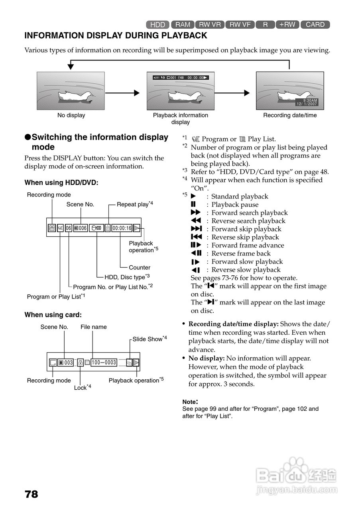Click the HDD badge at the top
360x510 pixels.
(158, 25)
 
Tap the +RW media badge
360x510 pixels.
(287, 25)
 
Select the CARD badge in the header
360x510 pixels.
(315, 25)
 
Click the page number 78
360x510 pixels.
(31, 494)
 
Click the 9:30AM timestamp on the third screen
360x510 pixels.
(310, 100)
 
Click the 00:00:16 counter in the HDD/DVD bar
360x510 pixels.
(122, 228)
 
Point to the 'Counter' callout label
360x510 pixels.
(140, 268)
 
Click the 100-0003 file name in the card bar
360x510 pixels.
(104, 363)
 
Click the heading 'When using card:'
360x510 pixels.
(53, 315)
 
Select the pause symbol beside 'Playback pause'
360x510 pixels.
(193, 204)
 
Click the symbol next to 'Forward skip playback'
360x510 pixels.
(196, 229)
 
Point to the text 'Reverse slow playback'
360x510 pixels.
(246, 270)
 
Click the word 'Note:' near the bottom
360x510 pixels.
(190, 402)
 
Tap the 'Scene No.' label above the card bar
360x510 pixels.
(54, 327)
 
